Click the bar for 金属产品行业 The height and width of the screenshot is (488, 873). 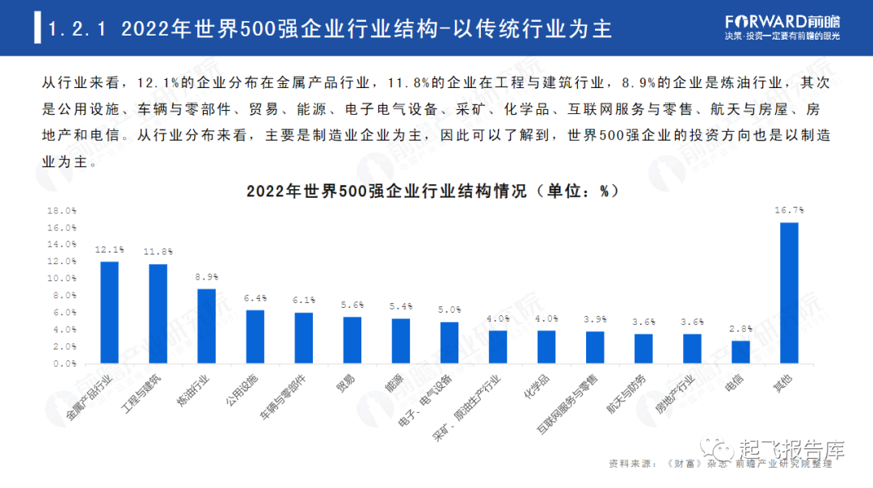109,313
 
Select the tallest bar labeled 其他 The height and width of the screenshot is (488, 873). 789,293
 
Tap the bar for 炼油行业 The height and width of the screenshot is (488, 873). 207,326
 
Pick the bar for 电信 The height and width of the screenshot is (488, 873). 740,352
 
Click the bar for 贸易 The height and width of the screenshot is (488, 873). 352,340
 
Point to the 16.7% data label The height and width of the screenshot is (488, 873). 789,210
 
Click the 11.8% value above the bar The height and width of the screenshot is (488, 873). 158,251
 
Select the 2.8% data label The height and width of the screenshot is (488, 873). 740,329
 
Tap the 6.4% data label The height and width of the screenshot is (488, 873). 255,298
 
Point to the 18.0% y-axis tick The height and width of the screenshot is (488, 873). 61,211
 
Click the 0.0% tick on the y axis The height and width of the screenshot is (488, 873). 65,364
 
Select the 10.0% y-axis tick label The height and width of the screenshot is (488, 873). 61,278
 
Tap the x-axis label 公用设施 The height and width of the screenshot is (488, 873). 242,389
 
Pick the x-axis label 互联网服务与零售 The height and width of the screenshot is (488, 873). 567,403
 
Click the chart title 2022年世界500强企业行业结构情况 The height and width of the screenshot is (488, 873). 386,191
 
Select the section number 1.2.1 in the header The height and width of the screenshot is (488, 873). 77,29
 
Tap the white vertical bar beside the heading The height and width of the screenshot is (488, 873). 37,27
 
